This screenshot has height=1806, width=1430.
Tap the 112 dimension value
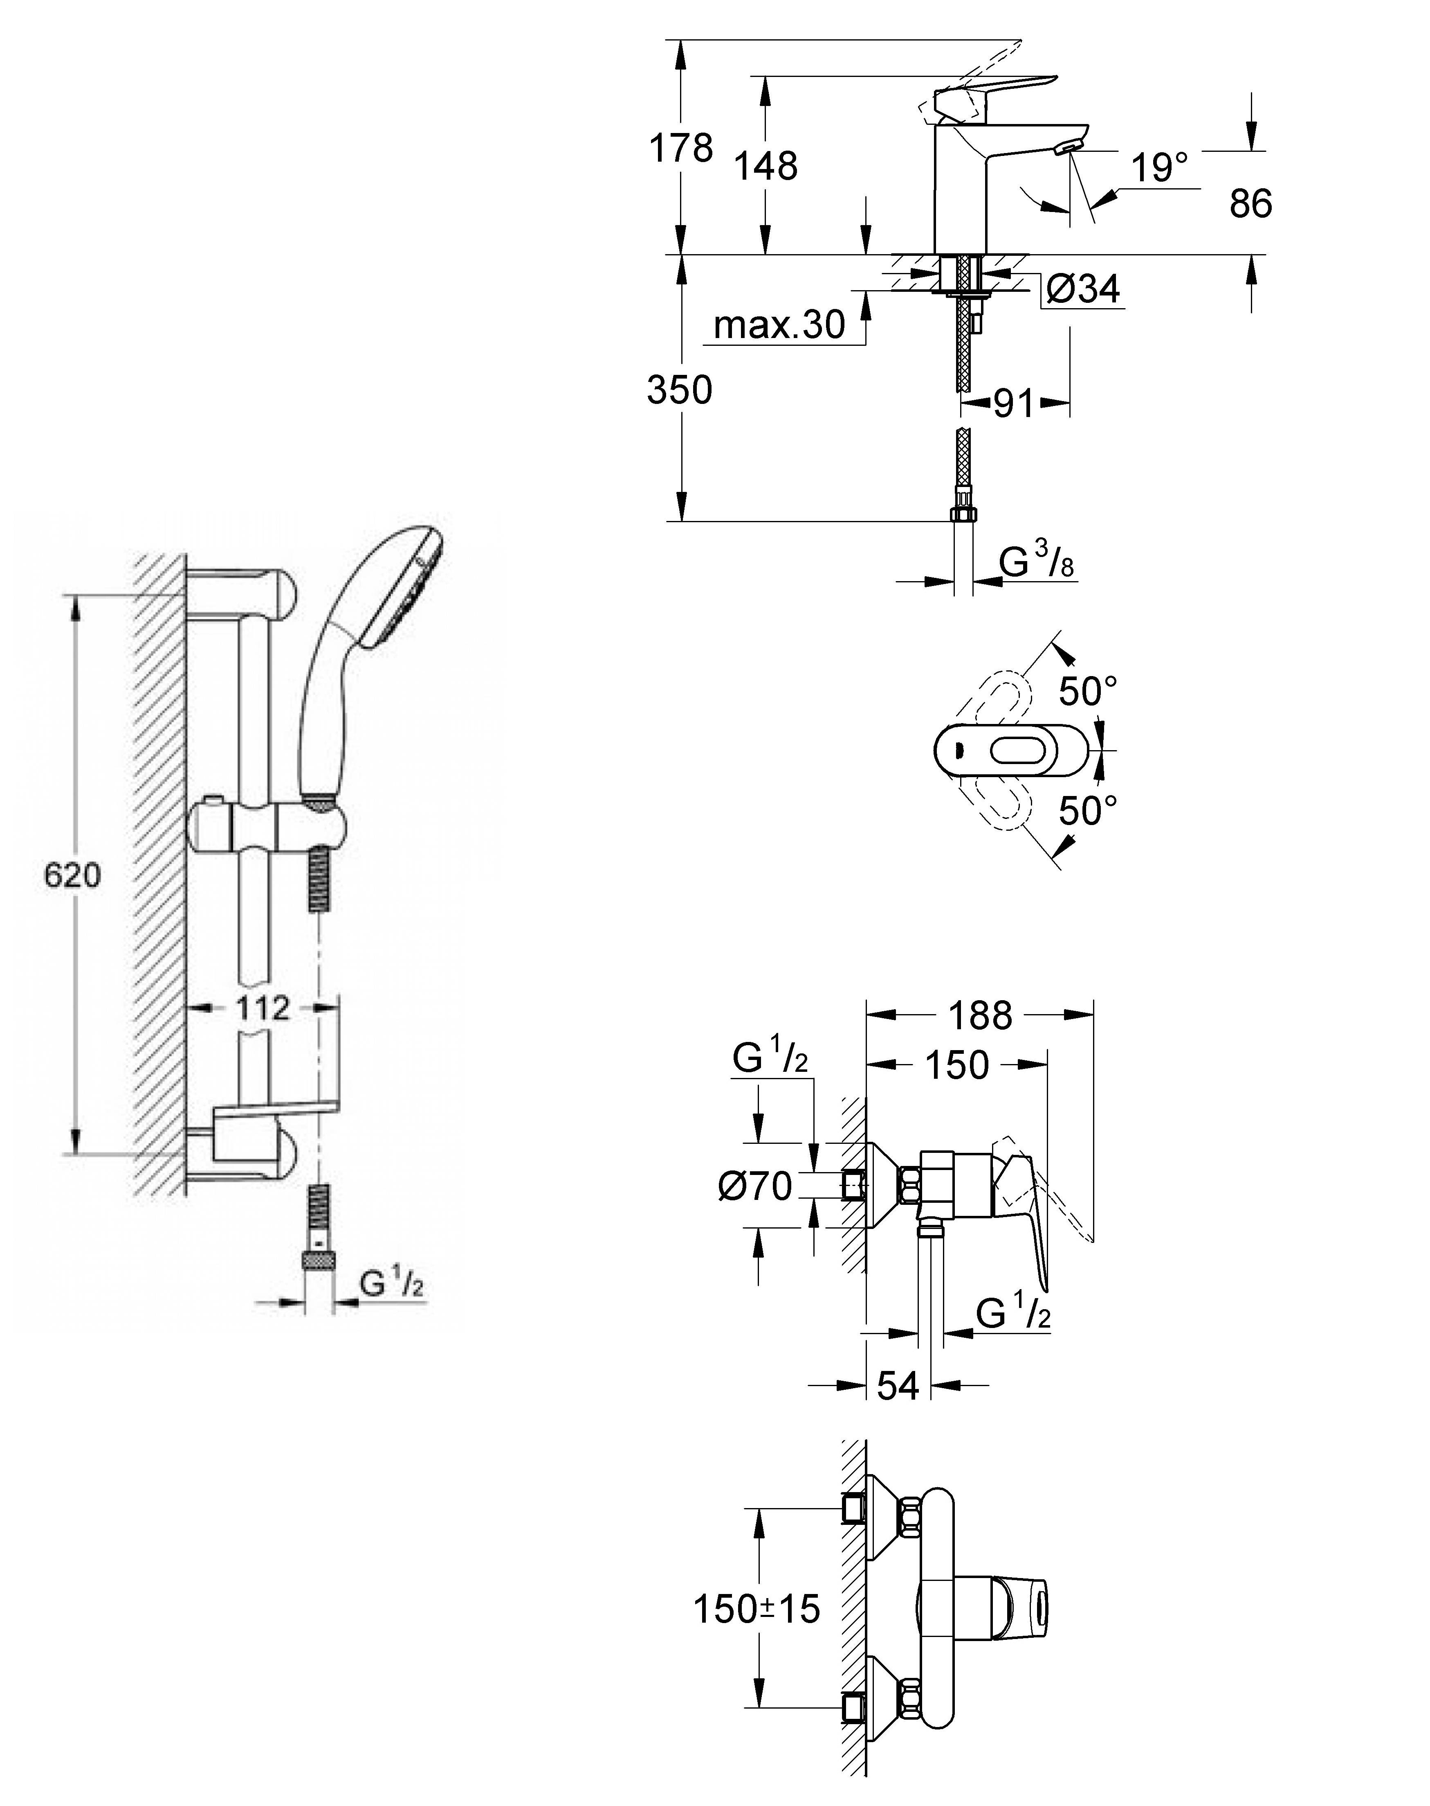[262, 1008]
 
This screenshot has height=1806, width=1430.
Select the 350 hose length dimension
[679, 390]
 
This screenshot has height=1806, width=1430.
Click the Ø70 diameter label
[754, 1186]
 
